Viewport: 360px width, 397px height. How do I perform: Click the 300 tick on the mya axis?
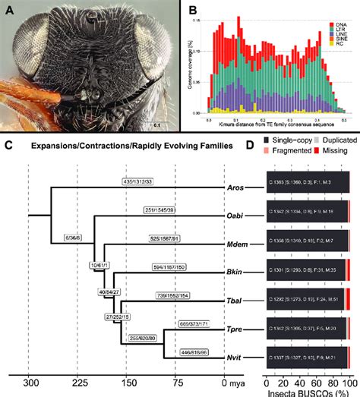pos(28,383)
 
